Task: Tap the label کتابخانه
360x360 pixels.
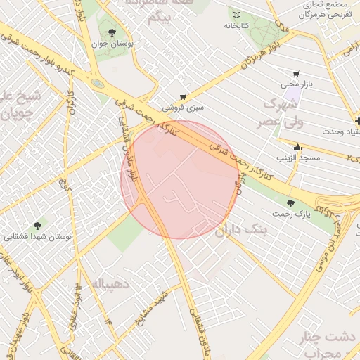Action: click(237, 25)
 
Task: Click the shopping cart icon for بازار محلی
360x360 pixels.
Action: click(296, 73)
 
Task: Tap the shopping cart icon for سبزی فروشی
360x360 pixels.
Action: click(184, 97)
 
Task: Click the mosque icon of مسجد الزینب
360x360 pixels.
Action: click(298, 148)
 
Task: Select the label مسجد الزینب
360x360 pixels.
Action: click(297, 158)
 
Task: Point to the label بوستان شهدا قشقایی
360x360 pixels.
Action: click(41, 237)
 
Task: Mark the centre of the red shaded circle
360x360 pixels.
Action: click(179, 179)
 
